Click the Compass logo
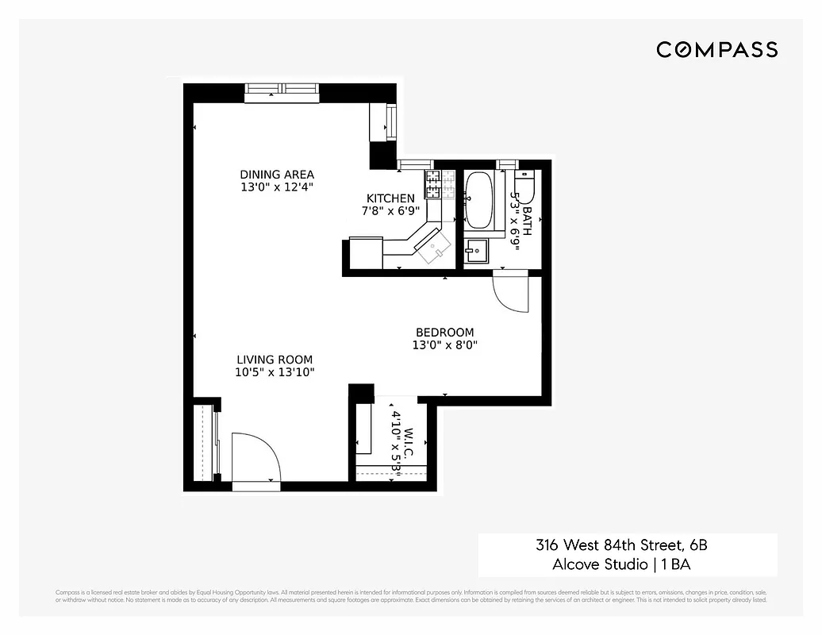click(716, 50)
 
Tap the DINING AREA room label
click(277, 175)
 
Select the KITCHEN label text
click(390, 198)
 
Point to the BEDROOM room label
click(444, 333)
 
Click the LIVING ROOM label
click(275, 360)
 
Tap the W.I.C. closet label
click(409, 437)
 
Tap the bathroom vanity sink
click(478, 252)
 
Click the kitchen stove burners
click(433, 184)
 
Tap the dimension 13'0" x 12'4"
click(277, 187)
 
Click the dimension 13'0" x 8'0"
click(444, 345)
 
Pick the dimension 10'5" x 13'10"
click(275, 372)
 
